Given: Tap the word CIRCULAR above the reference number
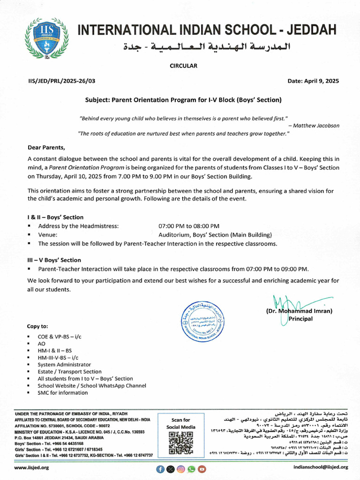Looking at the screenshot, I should (x=183, y=66).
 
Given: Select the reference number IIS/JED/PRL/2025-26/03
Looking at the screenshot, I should (x=61, y=81).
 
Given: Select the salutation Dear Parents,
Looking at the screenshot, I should (x=46, y=147).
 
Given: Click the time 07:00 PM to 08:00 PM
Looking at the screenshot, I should (x=189, y=226).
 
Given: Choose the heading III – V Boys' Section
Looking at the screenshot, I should (x=54, y=260).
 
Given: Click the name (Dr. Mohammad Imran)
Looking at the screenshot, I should (x=299, y=311).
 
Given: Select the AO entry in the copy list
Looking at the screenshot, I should (x=42, y=344).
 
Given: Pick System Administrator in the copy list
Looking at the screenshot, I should (x=64, y=365).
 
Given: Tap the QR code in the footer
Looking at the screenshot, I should (x=180, y=443).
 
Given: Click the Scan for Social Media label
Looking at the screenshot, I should (x=180, y=423).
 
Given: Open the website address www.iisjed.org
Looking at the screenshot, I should (x=32, y=467).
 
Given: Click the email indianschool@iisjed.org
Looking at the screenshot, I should (x=321, y=467).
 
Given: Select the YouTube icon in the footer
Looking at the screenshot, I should (x=202, y=468).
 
